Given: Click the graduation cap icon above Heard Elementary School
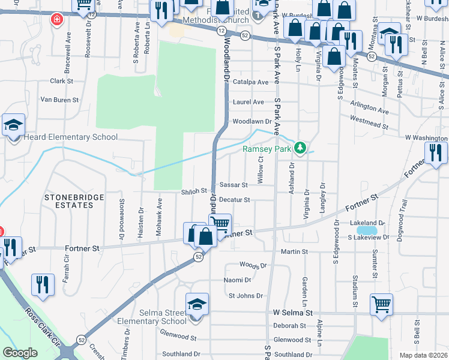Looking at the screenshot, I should point(13,126).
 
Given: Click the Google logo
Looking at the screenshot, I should point(20,353).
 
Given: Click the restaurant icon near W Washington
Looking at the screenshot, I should point(436,154).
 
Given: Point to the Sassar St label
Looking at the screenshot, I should point(234,185).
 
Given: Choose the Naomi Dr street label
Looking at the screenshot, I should point(237,280).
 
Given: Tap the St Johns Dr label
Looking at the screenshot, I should point(246,296).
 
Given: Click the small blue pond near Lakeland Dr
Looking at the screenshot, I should point(366,230).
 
